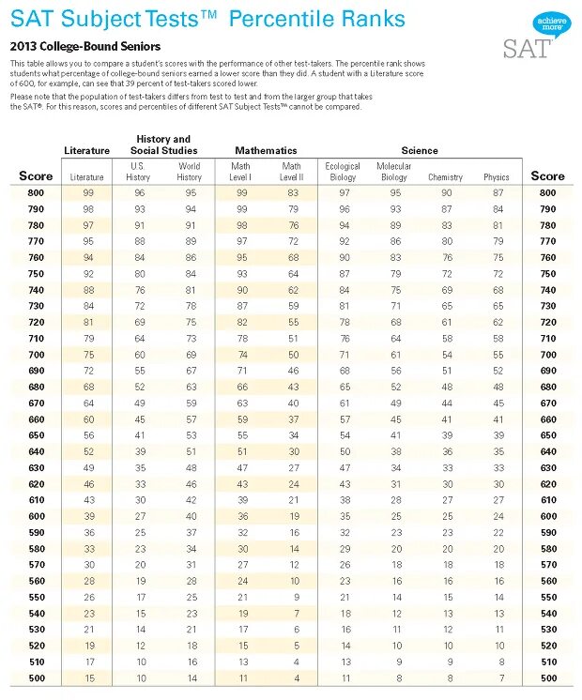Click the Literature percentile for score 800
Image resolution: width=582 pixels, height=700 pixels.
coord(87,192)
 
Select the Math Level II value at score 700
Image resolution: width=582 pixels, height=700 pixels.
coord(293,355)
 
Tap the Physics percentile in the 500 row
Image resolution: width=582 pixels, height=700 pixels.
coord(498,678)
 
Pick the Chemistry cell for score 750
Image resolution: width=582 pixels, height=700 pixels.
coord(446,274)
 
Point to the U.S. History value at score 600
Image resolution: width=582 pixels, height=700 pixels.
coord(139,516)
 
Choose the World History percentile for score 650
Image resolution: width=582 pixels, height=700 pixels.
coord(191,435)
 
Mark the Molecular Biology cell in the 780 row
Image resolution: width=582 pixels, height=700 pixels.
coord(395,225)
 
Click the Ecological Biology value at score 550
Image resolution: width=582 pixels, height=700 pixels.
coord(345,597)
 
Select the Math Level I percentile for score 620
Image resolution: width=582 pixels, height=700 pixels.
coord(242,484)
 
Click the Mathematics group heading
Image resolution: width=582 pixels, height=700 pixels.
coord(266,150)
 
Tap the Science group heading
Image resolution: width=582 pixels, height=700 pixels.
coord(420,150)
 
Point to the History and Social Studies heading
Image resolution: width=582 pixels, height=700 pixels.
coord(163,145)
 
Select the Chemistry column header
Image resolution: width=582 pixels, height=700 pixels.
coord(446,177)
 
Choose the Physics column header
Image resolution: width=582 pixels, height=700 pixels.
coord(497,177)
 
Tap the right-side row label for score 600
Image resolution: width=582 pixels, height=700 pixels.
coord(547,516)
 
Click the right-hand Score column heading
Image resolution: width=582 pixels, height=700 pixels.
coord(547,175)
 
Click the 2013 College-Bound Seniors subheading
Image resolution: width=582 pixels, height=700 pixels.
coord(85,46)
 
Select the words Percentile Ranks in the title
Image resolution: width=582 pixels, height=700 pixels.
coord(317,20)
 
